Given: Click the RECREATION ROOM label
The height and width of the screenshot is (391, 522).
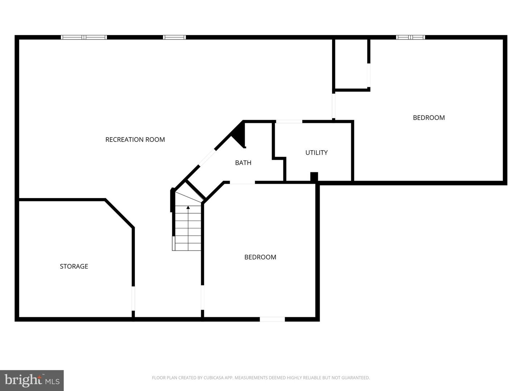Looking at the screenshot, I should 135,139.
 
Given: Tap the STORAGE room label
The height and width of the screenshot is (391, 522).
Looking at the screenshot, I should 74,266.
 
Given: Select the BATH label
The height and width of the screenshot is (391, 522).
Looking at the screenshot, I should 243,163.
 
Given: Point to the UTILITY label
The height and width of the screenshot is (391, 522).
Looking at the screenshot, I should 316,152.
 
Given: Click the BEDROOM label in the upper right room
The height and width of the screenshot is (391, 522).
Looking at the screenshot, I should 428,117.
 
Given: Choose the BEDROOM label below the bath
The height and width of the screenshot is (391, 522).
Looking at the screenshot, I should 260,257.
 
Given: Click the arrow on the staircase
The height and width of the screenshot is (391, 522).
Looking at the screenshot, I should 188,207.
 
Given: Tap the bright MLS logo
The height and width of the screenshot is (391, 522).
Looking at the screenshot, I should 32,380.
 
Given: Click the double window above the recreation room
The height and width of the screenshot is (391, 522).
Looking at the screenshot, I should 84,37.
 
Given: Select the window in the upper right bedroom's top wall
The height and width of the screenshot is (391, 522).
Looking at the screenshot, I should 410,37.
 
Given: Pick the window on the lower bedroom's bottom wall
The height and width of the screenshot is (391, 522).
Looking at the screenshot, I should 272,319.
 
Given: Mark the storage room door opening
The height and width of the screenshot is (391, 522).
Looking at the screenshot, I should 133,298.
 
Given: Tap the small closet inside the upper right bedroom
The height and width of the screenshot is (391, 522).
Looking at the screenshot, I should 351,64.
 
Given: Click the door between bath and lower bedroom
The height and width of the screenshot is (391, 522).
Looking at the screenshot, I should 242,182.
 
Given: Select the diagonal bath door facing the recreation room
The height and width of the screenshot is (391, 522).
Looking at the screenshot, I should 207,158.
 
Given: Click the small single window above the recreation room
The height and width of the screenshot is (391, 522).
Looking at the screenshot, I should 174,37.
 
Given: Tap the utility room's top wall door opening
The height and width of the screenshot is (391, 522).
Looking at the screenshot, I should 289,121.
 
